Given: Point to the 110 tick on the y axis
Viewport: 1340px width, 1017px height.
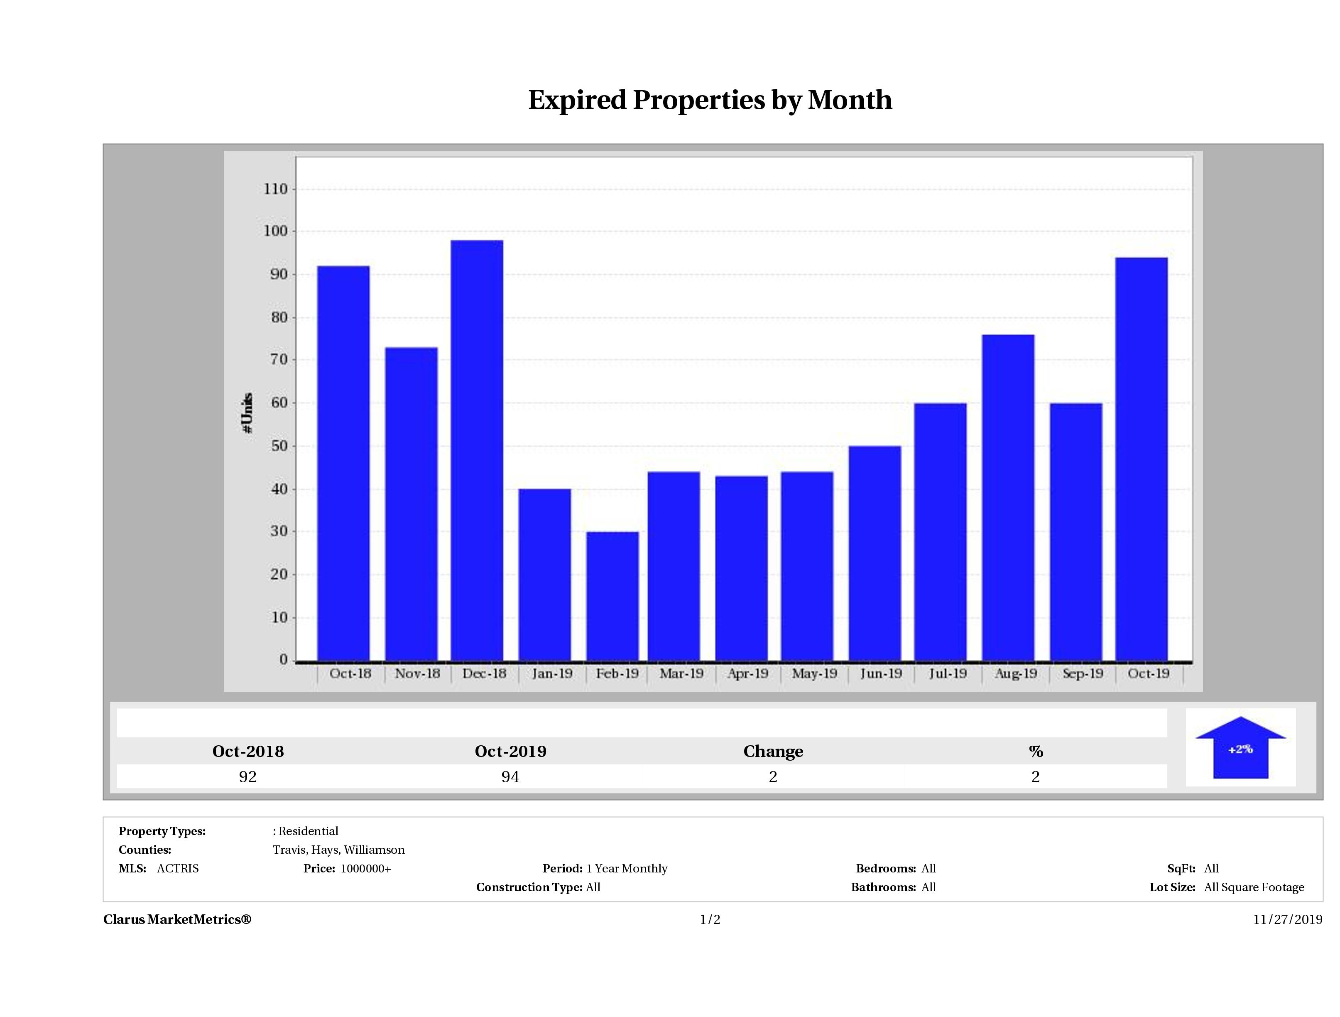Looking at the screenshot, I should coord(276,189).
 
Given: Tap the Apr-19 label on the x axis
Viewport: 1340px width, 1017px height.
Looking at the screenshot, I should coord(747,673).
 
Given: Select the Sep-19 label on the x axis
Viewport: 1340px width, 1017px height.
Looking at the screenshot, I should coord(1083,673).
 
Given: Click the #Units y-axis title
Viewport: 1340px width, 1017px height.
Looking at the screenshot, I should coord(247,412).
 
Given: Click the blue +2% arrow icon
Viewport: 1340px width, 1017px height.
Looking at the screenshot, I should coord(1240,748).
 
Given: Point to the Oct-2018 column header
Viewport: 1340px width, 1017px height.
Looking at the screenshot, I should coord(248,752).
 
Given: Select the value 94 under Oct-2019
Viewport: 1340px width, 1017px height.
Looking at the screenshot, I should coord(510,777).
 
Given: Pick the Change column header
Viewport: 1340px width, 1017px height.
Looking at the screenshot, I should coord(773,752).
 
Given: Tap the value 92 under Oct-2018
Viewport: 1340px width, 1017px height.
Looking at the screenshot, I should coord(248,777).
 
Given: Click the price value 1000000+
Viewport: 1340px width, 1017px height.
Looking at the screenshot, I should coord(366,869).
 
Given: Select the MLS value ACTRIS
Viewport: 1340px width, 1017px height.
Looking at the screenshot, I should coord(177,869).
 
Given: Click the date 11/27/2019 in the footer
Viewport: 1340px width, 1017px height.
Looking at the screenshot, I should coord(1287,919).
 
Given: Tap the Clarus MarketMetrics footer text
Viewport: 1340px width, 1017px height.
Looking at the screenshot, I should coord(177,919).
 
